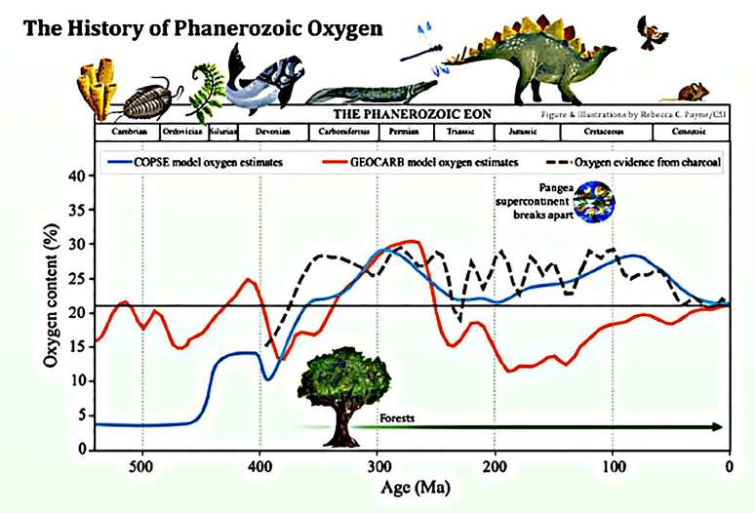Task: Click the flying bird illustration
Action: click(x=652, y=33)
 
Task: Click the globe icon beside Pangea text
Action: click(x=589, y=203)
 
